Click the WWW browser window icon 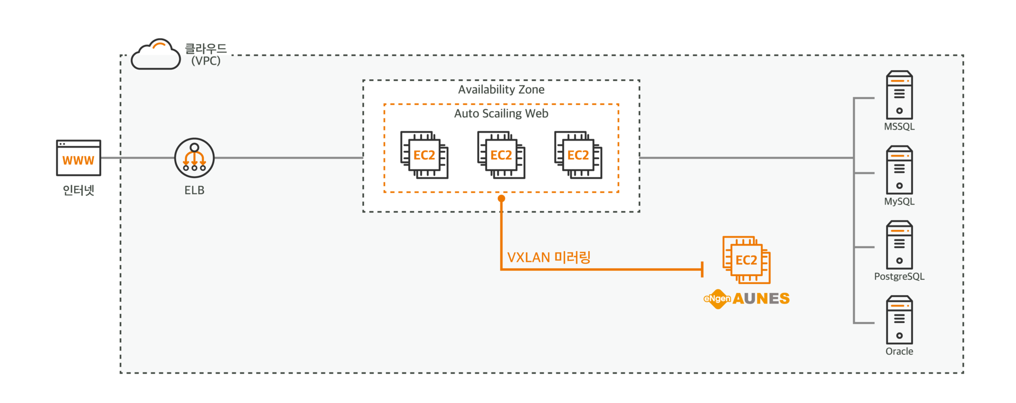coord(78,158)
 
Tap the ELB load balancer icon coord(194,158)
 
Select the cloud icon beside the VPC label coord(156,54)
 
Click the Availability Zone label coord(501,90)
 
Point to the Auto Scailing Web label coord(501,114)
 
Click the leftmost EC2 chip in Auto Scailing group coord(424,155)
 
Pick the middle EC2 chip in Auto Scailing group coord(501,155)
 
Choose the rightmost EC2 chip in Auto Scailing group coord(578,155)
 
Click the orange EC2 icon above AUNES coord(747,260)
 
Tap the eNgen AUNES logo coord(747,299)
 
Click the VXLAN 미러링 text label coord(549,258)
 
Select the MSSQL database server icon coord(899,95)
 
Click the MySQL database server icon coord(899,170)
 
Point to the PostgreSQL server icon coord(899,245)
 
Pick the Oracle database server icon coord(899,320)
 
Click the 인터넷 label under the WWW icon coord(78,190)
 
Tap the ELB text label coord(194,190)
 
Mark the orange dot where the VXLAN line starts coord(501,198)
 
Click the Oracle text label coord(899,351)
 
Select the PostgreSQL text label coord(899,277)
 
